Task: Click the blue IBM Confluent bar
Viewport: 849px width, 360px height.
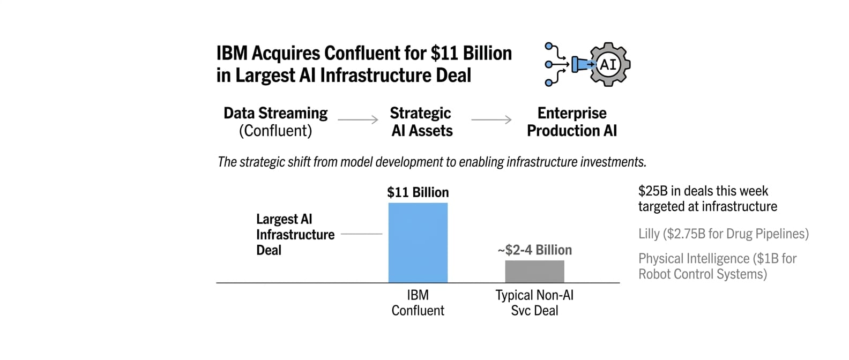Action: pos(418,243)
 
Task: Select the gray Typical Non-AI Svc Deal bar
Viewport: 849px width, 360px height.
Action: pos(534,272)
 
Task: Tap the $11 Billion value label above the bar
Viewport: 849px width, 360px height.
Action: pos(418,192)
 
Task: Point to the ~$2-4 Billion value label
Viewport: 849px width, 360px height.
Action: pos(534,250)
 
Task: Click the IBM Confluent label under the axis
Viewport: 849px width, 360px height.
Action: pos(418,303)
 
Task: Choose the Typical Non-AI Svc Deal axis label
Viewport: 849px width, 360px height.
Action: pos(534,303)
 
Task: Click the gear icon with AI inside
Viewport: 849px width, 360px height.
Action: pos(609,65)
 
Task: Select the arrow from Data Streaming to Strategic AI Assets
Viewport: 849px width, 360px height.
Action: pos(358,120)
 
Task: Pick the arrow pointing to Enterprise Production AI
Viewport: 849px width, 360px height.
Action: pos(491,120)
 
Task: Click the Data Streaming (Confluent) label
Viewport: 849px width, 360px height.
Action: pos(275,122)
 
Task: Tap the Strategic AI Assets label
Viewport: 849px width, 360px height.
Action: pos(421,122)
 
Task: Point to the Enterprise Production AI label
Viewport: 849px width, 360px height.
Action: pos(571,122)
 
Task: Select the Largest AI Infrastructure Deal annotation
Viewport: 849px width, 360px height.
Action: pos(295,235)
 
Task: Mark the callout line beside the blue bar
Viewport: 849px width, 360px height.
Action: pos(361,234)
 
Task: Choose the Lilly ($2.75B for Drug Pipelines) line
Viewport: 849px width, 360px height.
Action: pos(723,234)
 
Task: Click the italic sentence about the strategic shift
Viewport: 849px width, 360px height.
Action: pos(431,162)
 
